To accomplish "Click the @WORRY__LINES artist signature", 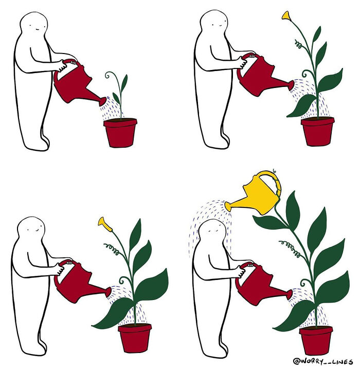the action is (322, 361).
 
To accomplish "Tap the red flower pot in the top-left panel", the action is (120, 133).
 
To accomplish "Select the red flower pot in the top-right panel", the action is (317, 131).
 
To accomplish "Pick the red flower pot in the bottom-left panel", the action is (135, 338).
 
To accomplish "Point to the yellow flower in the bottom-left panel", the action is (105, 224).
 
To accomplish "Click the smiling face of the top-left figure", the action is (34, 27).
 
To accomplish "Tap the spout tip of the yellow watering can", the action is (227, 206).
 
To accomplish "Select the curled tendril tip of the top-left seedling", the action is (107, 76).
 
